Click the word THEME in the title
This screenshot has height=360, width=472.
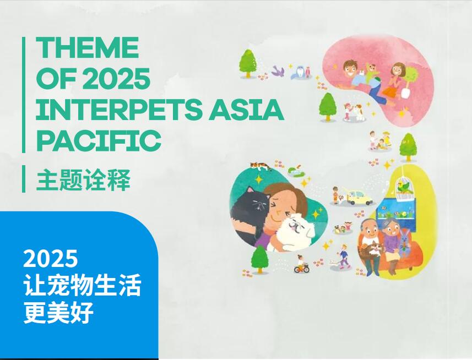(88, 47)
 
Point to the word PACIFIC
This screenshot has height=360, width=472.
(99, 141)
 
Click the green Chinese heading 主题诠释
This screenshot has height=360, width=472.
(83, 180)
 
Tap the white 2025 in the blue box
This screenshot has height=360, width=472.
(51, 259)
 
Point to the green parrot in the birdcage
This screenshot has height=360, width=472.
(404, 187)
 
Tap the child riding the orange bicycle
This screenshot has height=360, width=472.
(301, 264)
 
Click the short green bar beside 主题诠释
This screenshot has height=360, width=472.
(24, 179)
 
